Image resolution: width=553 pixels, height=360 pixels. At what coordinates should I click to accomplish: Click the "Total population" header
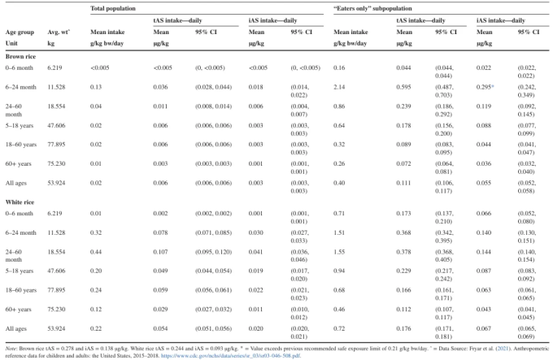112,8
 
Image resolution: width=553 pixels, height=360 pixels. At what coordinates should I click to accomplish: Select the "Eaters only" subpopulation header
372,8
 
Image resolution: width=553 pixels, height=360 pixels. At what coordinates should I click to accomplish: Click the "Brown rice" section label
20,56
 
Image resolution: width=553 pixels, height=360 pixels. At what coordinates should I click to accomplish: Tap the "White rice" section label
20,202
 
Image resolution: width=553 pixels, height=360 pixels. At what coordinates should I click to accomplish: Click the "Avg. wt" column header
59,32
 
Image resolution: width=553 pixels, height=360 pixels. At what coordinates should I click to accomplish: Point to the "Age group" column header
20,33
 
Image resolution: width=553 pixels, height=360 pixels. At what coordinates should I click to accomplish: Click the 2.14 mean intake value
339,87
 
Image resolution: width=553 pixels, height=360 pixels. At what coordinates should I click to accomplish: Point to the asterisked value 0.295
485,87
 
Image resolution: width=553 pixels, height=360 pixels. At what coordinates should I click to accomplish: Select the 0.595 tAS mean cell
403,87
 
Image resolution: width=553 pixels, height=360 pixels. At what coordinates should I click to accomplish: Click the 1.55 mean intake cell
339,252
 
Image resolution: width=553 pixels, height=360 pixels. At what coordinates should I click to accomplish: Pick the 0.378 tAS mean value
403,252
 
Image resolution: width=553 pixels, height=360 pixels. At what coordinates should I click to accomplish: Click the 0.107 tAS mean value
160,252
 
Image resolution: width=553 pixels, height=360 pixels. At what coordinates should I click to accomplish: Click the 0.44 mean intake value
96,252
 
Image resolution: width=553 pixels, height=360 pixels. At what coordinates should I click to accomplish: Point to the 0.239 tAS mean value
403,106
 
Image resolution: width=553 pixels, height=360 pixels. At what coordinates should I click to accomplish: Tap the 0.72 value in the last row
339,328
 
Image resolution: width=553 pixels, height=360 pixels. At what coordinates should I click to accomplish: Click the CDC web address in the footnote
231,355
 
